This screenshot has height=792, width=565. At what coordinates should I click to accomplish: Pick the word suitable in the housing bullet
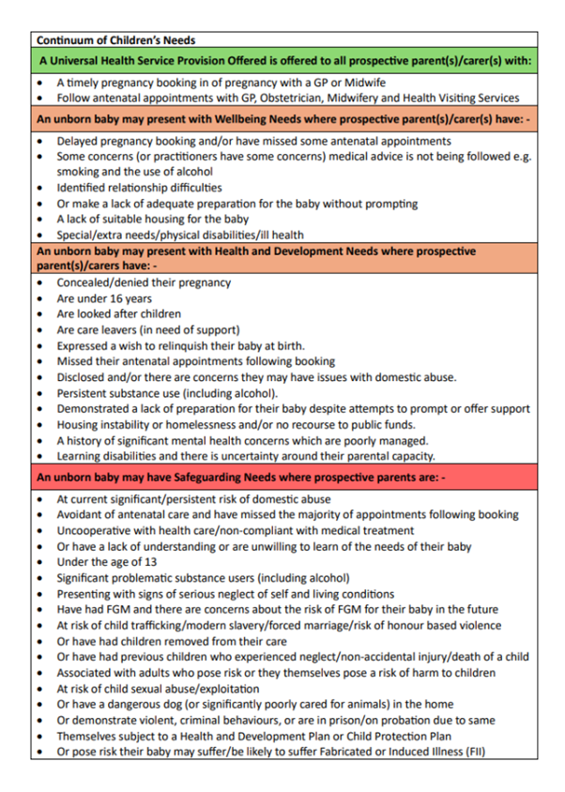(117, 219)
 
